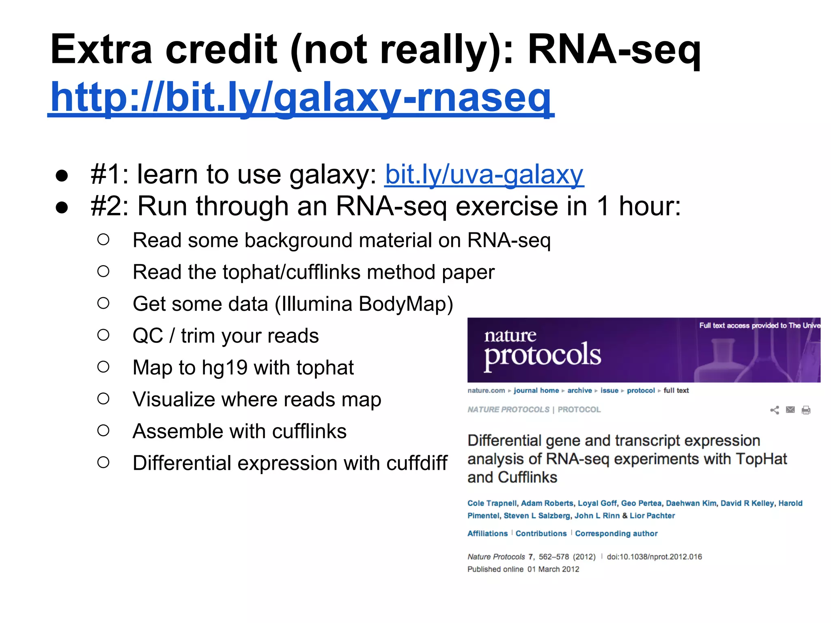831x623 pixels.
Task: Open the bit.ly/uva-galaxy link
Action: pos(484,175)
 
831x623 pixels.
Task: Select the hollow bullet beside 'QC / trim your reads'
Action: pos(103,335)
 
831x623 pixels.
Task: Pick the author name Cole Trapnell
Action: pos(492,503)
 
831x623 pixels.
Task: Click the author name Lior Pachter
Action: pos(652,516)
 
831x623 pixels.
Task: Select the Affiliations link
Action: pos(487,534)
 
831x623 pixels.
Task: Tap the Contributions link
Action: pos(541,534)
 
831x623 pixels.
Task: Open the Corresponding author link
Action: pos(616,534)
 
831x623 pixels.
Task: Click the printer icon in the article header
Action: pos(806,410)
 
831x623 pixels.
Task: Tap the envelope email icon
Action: pos(790,410)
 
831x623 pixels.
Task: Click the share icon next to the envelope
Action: pos(774,410)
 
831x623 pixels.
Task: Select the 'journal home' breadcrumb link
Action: pos(536,391)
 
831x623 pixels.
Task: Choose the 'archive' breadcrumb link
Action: pos(579,391)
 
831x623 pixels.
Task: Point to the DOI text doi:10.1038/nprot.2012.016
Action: pos(654,557)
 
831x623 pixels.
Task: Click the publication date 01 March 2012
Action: pos(553,569)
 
